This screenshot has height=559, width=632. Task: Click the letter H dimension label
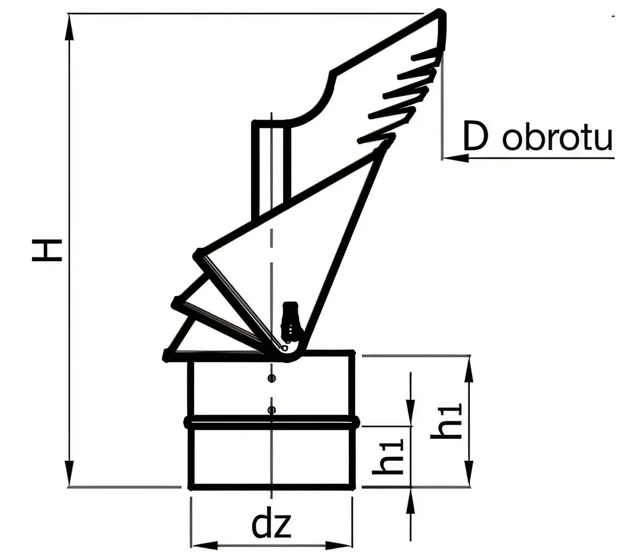pyautogui.click(x=47, y=250)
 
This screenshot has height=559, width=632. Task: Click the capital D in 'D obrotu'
pyautogui.click(x=476, y=136)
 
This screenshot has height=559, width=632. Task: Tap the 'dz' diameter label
pyautogui.click(x=271, y=525)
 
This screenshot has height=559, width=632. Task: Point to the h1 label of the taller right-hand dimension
pyautogui.click(x=446, y=421)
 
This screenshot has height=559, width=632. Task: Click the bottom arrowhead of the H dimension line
pyautogui.click(x=70, y=473)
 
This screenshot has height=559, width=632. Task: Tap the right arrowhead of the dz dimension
pyautogui.click(x=338, y=546)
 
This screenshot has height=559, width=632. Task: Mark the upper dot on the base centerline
pyautogui.click(x=272, y=378)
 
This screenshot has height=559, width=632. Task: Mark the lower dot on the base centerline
pyautogui.click(x=272, y=410)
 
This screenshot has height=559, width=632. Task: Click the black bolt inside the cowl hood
pyautogui.click(x=290, y=319)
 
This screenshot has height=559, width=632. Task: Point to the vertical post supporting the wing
pyautogui.click(x=271, y=169)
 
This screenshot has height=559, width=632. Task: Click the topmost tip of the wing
pyautogui.click(x=441, y=11)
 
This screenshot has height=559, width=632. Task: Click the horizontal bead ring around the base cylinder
pyautogui.click(x=272, y=422)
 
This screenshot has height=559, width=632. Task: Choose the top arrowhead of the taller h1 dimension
pyautogui.click(x=468, y=369)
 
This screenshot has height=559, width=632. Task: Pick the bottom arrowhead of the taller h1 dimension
pyautogui.click(x=468, y=473)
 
